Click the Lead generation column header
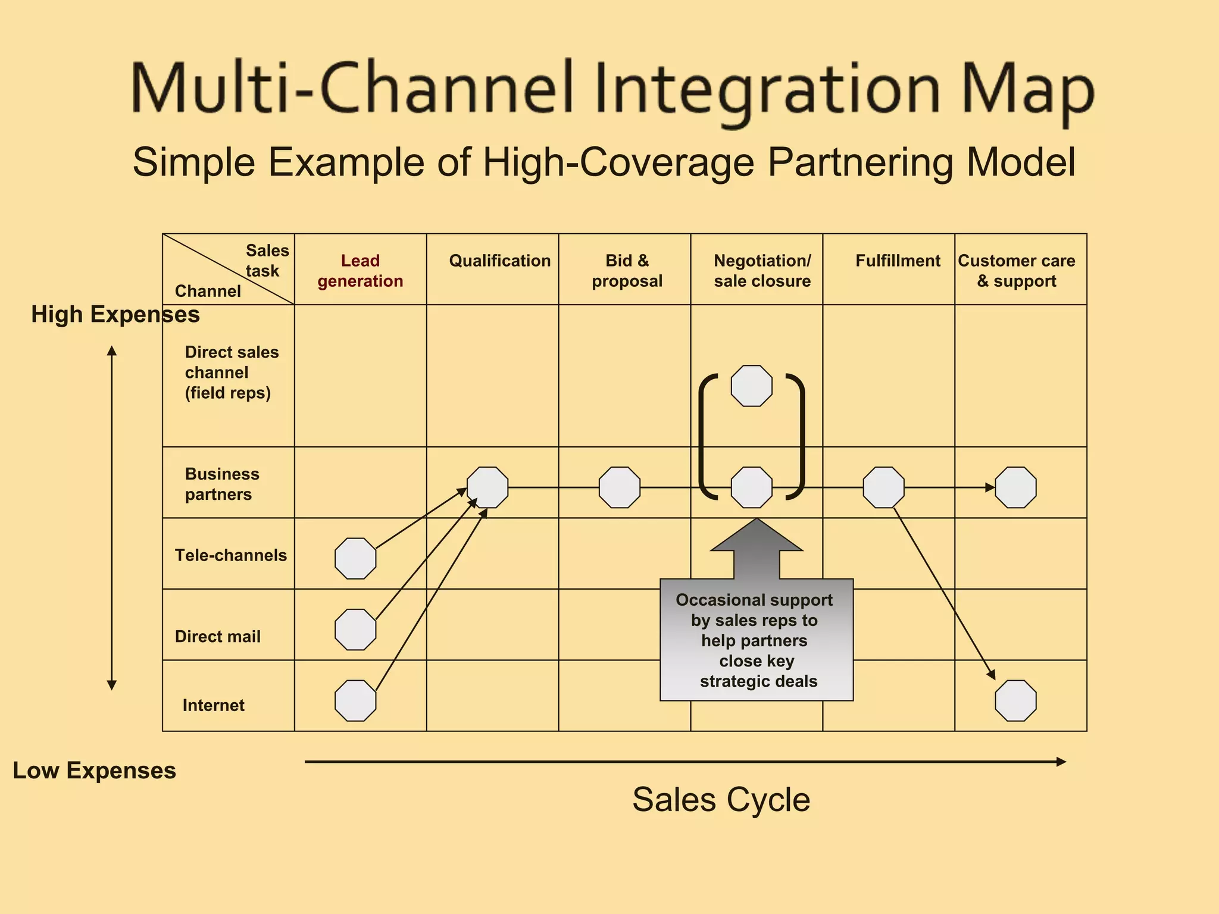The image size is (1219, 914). point(360,271)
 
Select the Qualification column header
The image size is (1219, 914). point(499,261)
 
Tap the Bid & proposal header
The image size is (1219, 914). point(627,271)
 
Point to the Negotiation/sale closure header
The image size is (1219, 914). point(762,271)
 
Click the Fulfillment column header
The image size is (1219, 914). point(898,261)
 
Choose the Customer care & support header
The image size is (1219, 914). point(1016,271)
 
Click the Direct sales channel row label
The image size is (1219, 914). point(231,373)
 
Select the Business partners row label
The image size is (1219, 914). point(221,484)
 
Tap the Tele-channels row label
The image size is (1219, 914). point(231,555)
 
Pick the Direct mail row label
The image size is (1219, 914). point(218,637)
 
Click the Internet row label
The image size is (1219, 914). point(213,705)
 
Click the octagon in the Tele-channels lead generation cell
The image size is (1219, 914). point(355,558)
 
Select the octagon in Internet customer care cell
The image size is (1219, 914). point(1015,700)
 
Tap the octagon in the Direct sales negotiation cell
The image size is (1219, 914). point(751,386)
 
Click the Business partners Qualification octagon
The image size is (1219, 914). point(487,487)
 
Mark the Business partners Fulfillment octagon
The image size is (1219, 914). point(883,487)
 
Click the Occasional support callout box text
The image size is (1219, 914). point(756,640)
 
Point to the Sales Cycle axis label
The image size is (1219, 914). point(721,799)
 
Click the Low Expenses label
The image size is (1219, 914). point(94,771)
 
